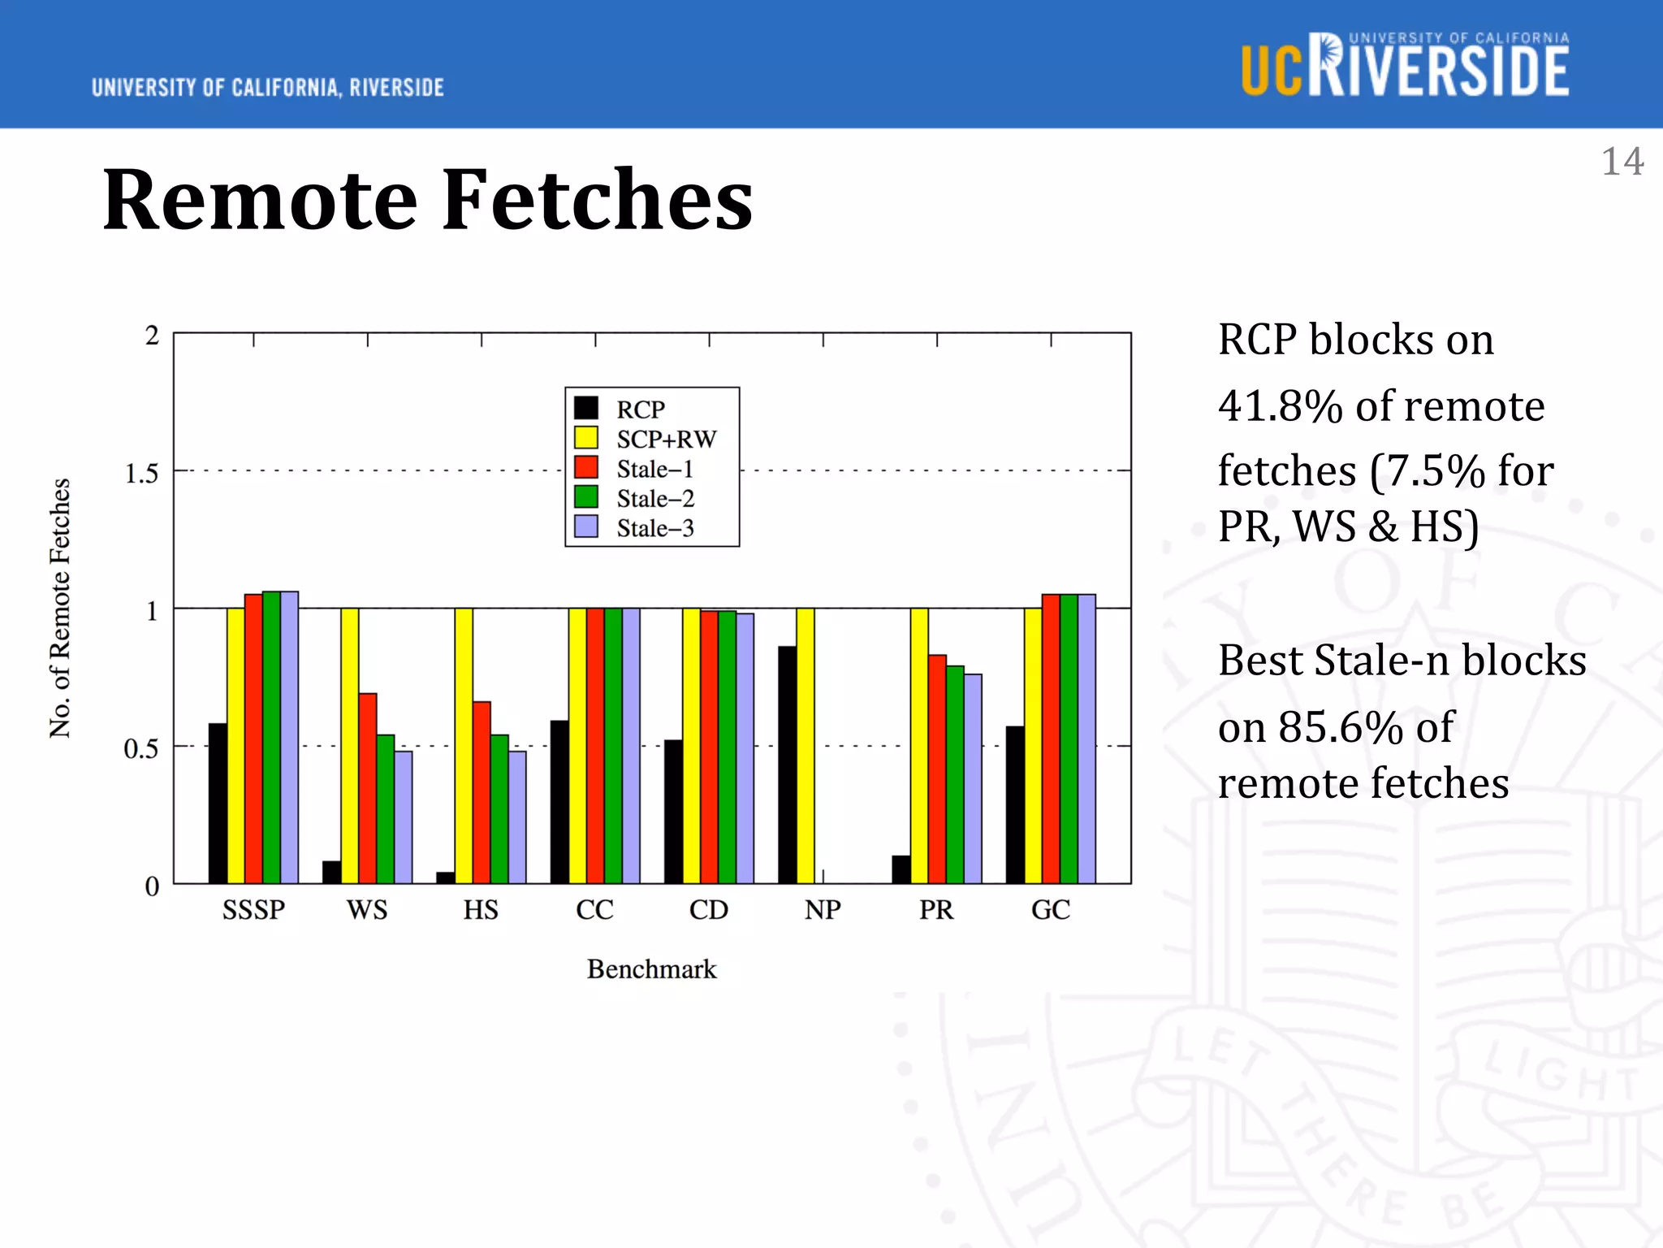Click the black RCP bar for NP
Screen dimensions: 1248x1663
click(787, 765)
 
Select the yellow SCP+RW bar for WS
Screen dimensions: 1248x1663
click(349, 745)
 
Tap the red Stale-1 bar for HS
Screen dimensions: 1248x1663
click(482, 792)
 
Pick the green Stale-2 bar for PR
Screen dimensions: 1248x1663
click(955, 774)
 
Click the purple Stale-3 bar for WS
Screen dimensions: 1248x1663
click(403, 817)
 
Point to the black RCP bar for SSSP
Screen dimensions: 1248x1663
click(218, 803)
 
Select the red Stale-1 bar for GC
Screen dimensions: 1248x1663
click(1051, 739)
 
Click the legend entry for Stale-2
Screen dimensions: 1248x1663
click(654, 498)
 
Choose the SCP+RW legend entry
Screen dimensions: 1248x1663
click(666, 439)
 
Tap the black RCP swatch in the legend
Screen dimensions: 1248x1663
click(586, 408)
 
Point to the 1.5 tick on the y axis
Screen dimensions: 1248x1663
click(141, 474)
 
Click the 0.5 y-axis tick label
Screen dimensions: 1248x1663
click(141, 748)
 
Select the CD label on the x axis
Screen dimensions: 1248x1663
click(709, 909)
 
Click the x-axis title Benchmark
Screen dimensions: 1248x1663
click(651, 968)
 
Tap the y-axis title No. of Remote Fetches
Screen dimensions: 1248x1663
click(60, 608)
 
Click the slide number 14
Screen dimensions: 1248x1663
click(1622, 161)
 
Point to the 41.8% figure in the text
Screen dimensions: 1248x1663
click(1280, 405)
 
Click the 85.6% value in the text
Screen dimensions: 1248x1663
click(1341, 726)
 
